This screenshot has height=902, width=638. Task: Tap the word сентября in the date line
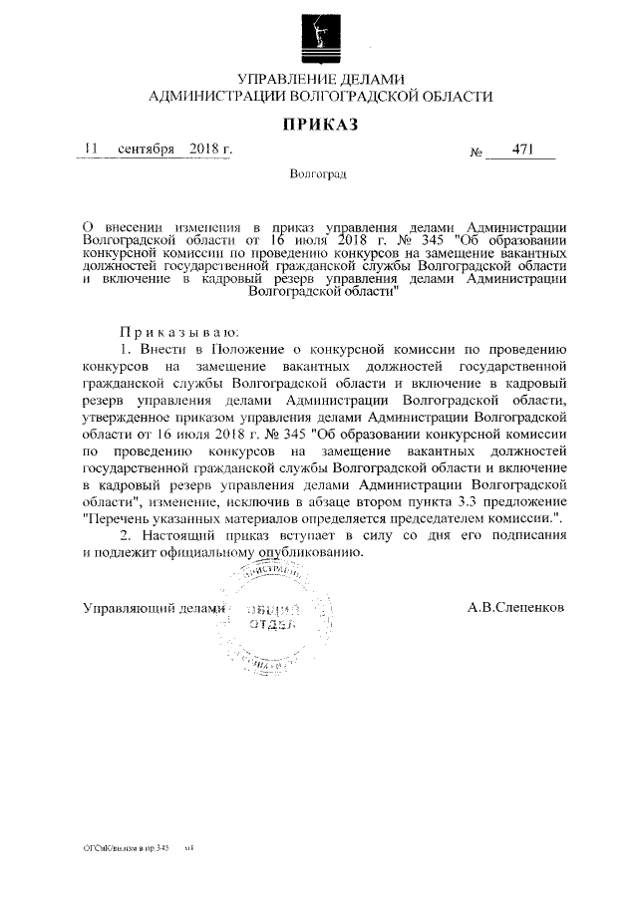[x=146, y=150]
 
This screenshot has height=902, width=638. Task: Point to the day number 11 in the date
[x=92, y=150]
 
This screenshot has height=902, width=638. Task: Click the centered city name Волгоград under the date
[x=318, y=174]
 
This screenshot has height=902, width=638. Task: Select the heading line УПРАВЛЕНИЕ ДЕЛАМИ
[x=319, y=79]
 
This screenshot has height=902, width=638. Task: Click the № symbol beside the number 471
[x=476, y=152]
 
